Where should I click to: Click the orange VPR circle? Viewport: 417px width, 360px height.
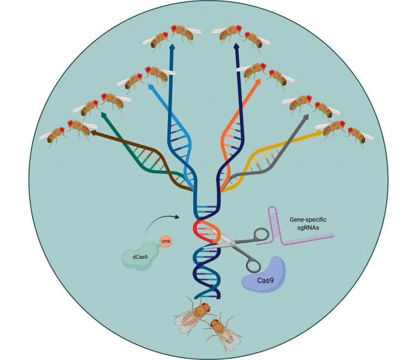166,243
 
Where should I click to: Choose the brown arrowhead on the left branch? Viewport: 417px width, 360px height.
93,134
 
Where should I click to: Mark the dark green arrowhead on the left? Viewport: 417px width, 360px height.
105,115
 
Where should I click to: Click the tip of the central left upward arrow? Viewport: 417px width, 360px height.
172,46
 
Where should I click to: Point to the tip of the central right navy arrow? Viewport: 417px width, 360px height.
238,46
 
